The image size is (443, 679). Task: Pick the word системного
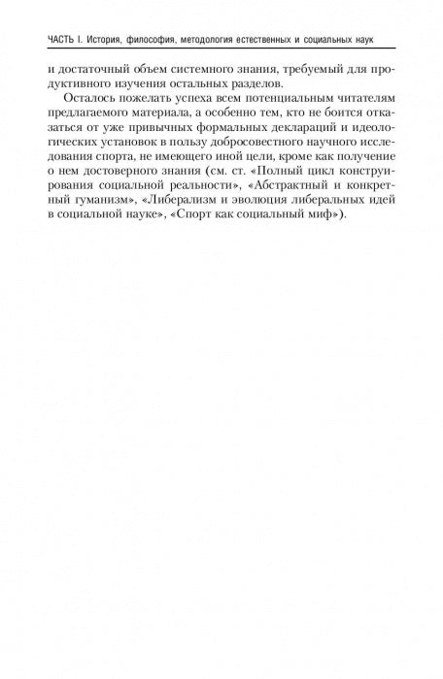pos(209,69)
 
